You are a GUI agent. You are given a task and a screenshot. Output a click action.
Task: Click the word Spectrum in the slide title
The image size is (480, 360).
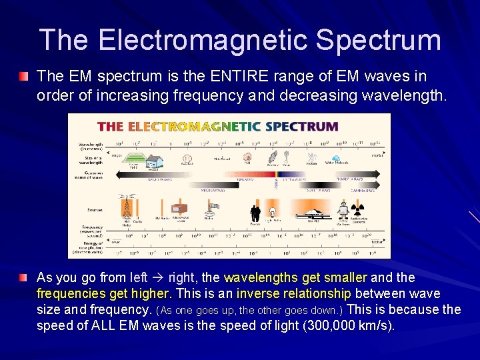click(378, 40)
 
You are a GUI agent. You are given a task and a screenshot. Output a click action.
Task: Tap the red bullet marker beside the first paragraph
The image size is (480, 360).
click(24, 77)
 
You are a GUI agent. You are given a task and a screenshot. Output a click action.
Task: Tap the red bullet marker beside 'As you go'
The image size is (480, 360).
click(24, 277)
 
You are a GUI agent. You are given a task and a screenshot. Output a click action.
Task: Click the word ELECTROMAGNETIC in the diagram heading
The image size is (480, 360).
click(195, 126)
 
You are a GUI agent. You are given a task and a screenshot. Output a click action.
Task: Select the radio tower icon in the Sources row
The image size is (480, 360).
click(125, 209)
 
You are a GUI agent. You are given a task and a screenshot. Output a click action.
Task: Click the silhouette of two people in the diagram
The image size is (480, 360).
click(255, 213)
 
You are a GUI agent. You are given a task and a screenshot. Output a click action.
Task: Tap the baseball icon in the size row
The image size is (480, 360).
click(187, 159)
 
